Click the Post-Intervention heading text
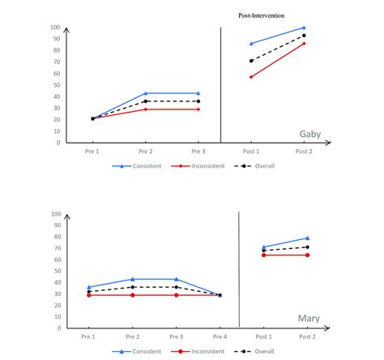tap(261, 15)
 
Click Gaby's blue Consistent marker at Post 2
tap(304, 28)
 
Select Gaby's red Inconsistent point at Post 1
tap(251, 77)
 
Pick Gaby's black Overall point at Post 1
tap(251, 61)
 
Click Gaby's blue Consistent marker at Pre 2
tap(146, 93)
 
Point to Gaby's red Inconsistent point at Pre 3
tap(198, 109)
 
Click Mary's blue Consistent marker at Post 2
tap(306, 238)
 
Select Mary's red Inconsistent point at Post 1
tap(262, 255)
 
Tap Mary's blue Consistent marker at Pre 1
tap(89, 287)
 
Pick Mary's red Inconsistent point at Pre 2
tap(133, 295)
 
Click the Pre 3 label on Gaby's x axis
tap(198, 152)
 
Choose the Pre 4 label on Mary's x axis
tap(220, 336)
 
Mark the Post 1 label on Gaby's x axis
tap(251, 152)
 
